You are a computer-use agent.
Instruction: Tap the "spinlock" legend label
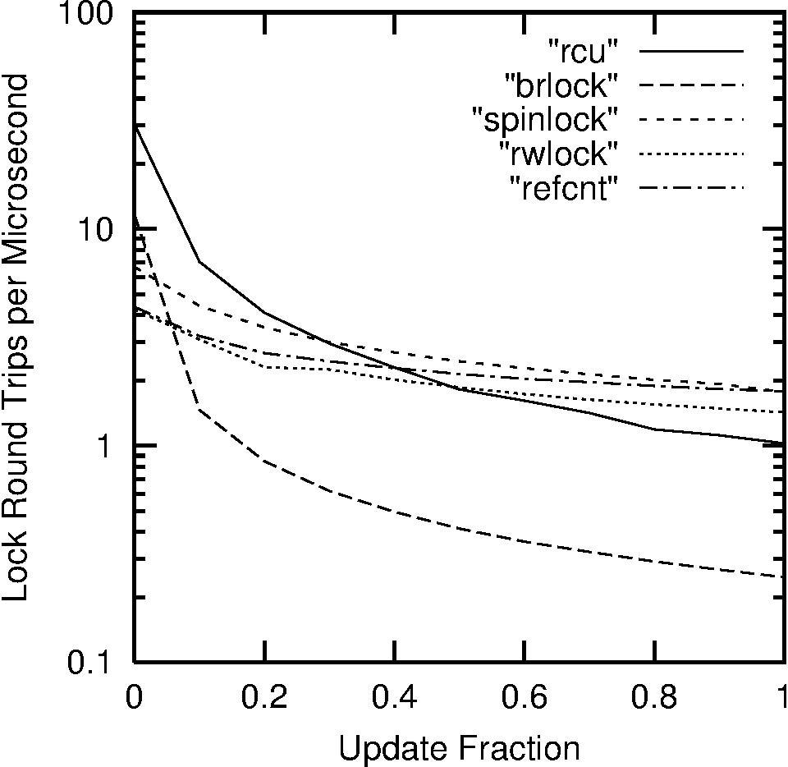(x=544, y=120)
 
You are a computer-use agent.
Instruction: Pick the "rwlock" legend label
(x=558, y=154)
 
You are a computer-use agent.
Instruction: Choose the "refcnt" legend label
(x=562, y=188)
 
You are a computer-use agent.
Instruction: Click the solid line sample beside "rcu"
(x=691, y=51)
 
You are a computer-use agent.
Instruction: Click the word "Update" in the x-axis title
(x=384, y=748)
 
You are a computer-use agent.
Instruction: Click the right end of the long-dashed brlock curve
(x=783, y=576)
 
